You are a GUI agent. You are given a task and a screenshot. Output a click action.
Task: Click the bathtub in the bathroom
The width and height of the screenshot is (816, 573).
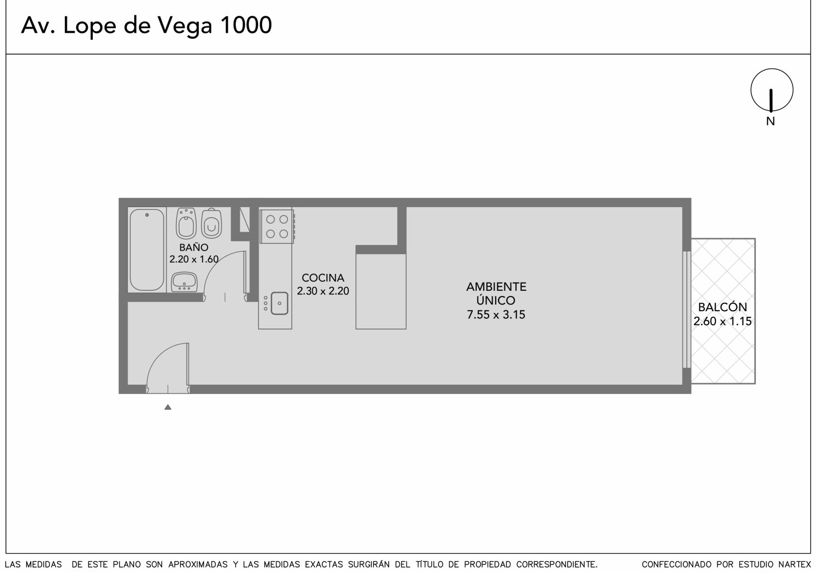click(147, 250)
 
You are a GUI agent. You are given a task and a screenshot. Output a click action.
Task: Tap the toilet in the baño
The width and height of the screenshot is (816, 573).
click(211, 223)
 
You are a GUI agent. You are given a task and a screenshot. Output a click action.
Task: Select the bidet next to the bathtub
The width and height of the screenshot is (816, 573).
click(186, 223)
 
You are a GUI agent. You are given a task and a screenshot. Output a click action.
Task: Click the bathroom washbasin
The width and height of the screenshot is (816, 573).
click(184, 282)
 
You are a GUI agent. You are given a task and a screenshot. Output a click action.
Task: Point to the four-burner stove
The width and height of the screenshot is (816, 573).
click(277, 227)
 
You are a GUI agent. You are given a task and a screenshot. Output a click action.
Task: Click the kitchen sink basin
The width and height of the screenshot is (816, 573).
click(279, 303)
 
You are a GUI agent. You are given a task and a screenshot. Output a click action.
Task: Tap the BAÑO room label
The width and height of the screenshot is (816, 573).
click(194, 247)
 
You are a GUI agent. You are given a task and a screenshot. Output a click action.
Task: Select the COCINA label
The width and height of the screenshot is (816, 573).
click(323, 278)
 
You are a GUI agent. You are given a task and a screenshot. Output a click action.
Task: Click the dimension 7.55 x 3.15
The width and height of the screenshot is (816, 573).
click(496, 315)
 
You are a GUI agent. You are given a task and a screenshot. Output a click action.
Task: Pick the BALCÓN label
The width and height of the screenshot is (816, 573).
click(722, 307)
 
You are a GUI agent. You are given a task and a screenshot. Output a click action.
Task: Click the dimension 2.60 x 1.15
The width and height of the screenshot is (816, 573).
click(722, 321)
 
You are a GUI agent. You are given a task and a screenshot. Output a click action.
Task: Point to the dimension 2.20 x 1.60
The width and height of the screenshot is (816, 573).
click(194, 259)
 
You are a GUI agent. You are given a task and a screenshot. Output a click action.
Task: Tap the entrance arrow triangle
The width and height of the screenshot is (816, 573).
click(168, 407)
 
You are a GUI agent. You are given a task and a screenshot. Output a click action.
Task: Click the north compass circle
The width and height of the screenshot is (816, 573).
click(772, 69)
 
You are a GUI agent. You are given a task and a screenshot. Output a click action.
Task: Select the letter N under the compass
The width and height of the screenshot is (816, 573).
click(770, 121)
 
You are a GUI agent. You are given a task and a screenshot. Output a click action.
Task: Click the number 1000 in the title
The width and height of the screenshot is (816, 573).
click(246, 25)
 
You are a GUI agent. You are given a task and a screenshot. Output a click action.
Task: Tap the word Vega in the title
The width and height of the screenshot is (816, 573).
click(185, 26)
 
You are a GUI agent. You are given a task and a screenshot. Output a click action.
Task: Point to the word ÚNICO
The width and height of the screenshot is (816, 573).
click(496, 301)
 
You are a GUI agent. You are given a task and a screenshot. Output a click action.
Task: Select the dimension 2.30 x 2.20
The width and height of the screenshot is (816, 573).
click(323, 291)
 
